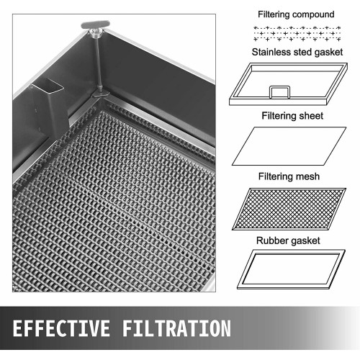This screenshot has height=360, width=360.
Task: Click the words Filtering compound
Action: (296, 14)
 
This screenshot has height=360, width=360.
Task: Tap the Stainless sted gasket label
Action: (297, 52)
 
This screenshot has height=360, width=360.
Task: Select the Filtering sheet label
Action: (292, 116)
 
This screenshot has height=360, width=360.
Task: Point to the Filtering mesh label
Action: (289, 176)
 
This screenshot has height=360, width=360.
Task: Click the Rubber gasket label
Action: (288, 240)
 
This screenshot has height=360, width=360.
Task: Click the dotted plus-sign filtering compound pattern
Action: (297, 34)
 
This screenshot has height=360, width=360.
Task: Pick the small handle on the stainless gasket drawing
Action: (279, 92)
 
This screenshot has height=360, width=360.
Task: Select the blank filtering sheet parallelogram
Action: (289, 146)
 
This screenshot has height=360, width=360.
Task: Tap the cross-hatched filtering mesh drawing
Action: (289, 209)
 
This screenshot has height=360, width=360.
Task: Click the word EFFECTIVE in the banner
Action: (61, 328)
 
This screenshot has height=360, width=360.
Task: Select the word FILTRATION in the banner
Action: (176, 328)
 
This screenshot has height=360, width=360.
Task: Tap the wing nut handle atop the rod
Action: (95, 25)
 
